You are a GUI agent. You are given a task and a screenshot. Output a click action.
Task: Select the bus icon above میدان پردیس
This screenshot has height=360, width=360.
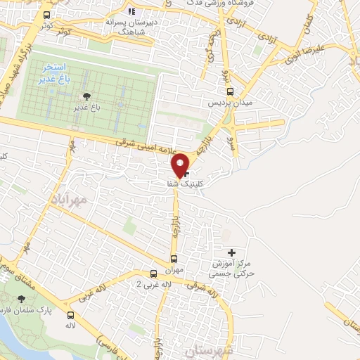pyautogui.click(x=230, y=91)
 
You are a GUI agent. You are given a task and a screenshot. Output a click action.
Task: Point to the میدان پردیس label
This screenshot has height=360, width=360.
pyautogui.click(x=229, y=103)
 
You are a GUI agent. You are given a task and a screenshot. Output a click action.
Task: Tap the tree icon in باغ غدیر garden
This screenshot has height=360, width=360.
pyautogui.click(x=86, y=96)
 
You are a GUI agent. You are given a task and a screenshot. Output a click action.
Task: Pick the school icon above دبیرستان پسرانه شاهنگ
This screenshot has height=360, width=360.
pyautogui.click(x=131, y=11)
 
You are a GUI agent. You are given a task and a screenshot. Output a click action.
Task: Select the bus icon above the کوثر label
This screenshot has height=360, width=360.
pyautogui.click(x=46, y=15)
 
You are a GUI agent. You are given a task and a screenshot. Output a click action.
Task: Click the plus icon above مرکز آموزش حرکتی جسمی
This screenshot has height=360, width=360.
pyautogui.click(x=232, y=252)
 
